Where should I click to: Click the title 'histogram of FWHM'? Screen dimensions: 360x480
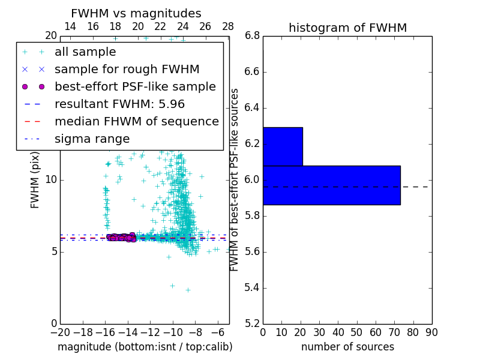click(347, 28)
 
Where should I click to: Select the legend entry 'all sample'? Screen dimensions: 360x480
click(85, 52)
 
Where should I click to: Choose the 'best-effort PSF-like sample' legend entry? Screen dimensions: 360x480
click(135, 87)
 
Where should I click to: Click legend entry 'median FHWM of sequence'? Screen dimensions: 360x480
click(136, 122)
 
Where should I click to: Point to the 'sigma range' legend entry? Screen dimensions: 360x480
click(92, 139)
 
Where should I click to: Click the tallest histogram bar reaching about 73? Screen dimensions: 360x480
click(331, 185)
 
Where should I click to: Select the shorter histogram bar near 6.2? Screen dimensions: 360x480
click(283, 146)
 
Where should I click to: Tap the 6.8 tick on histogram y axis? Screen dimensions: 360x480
click(253, 36)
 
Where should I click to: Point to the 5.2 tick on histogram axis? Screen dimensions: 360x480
click(253, 323)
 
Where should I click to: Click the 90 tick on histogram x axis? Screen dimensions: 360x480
click(431, 332)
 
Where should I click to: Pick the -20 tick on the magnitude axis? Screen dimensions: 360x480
click(60, 332)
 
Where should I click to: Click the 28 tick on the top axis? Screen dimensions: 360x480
click(228, 26)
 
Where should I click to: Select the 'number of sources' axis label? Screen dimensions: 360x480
click(347, 347)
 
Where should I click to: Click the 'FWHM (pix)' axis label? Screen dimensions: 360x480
click(35, 179)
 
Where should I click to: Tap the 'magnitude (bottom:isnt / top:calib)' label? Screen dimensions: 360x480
click(145, 347)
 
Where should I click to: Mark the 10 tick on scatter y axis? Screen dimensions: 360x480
click(52, 180)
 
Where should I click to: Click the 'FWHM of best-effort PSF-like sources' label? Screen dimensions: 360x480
click(235, 179)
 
